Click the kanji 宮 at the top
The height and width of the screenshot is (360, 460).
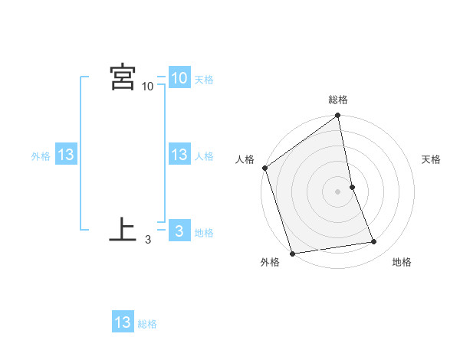123,77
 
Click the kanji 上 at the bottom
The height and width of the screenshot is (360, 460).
123,230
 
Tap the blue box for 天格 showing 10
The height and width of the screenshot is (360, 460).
179,78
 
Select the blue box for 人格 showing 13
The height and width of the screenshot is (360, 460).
179,155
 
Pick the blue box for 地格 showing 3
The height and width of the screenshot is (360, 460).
179,231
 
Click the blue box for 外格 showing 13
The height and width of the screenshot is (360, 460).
65,155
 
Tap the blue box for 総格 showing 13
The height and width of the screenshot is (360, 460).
123,322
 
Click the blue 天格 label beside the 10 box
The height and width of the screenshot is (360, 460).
204,80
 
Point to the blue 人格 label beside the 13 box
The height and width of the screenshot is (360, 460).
204,156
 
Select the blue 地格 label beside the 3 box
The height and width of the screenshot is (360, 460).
204,233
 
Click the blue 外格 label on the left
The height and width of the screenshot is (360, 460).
41,156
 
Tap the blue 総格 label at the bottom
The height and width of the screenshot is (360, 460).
147,324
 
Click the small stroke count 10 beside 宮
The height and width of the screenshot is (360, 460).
147,87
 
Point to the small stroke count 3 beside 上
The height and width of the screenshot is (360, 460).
147,240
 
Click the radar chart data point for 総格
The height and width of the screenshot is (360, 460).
337,116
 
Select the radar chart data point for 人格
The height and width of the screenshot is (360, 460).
265,168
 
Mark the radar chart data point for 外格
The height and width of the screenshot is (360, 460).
292,253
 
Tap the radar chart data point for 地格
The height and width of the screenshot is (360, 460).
374,242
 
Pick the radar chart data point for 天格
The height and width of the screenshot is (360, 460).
352,187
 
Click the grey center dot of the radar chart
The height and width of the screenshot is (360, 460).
337,191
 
